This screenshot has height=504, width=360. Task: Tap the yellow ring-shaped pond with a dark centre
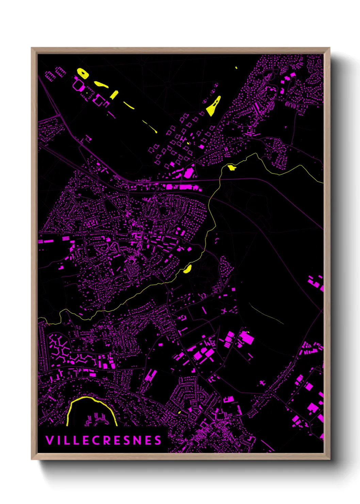click(83, 73)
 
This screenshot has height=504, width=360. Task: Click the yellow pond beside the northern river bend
click(232, 167)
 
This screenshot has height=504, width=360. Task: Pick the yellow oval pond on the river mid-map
click(187, 269)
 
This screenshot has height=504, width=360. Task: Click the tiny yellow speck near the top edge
click(236, 68)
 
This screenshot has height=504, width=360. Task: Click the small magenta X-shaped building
click(224, 311)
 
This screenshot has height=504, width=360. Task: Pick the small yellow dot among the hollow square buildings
click(188, 143)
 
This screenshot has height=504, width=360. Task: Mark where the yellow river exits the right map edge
click(322, 183)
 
